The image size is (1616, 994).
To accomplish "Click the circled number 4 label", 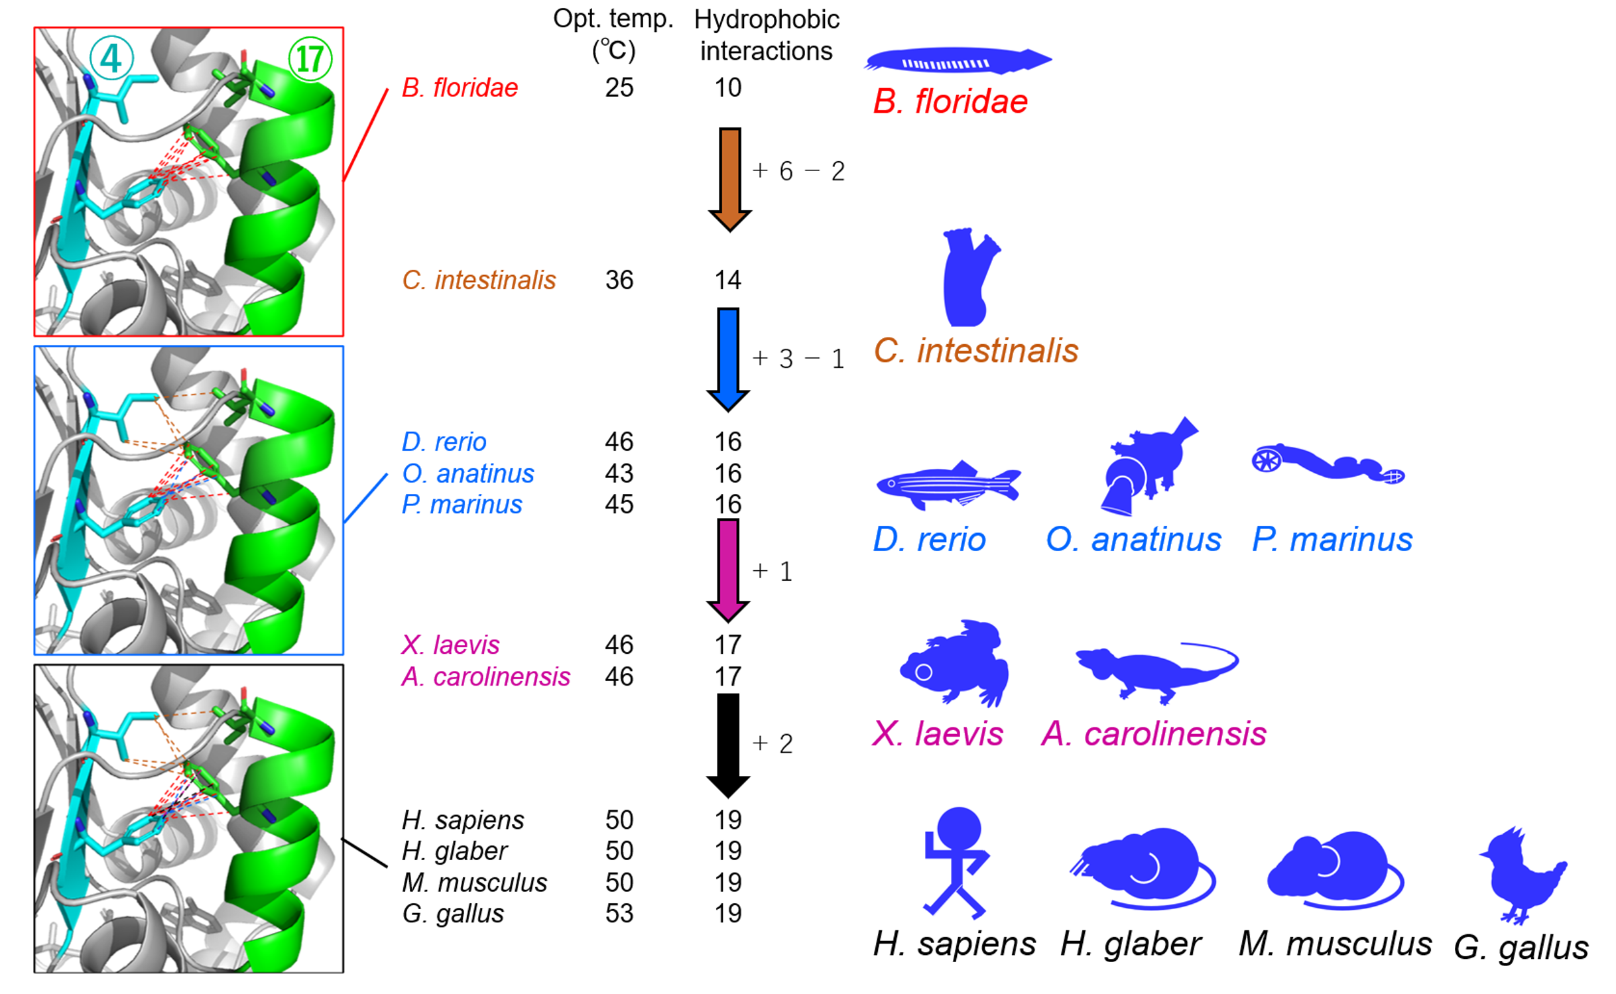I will point(111,58).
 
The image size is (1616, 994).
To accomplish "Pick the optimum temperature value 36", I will point(619,280).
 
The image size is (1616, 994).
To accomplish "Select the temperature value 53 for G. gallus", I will point(619,913).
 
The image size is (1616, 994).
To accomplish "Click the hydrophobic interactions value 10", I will point(727,88).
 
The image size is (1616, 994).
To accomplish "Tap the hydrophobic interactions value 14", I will point(727,280).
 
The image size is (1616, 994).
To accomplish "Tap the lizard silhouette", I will point(1154,670).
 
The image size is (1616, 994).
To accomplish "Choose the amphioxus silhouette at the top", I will point(957,60).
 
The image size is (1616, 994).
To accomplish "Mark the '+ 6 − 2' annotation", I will point(798,171).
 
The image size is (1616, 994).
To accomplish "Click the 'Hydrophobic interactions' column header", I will point(766,35).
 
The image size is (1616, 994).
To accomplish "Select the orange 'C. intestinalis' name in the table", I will point(478,280).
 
